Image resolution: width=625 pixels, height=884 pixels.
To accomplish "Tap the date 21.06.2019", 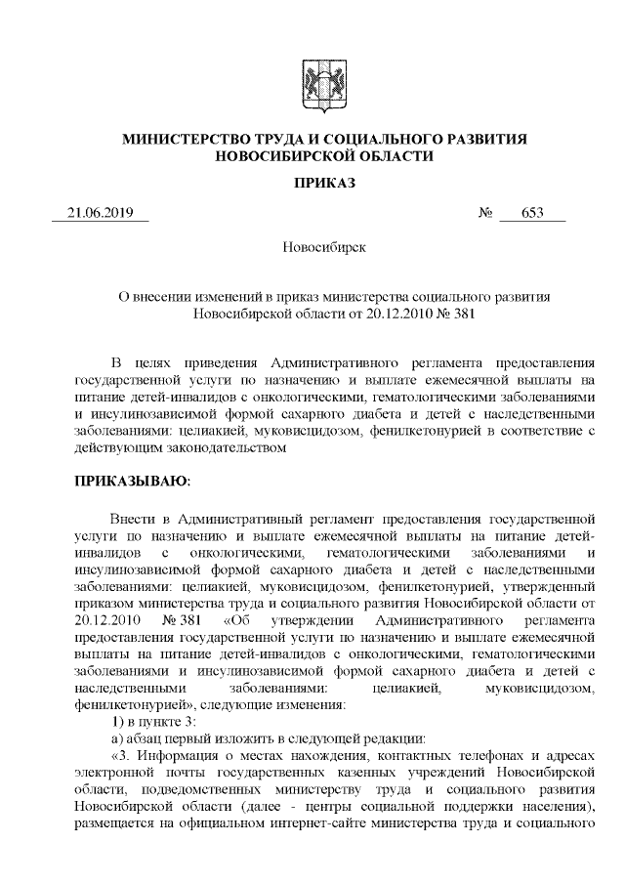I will coord(101,214).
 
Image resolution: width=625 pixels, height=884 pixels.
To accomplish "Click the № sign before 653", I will coord(485,214).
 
